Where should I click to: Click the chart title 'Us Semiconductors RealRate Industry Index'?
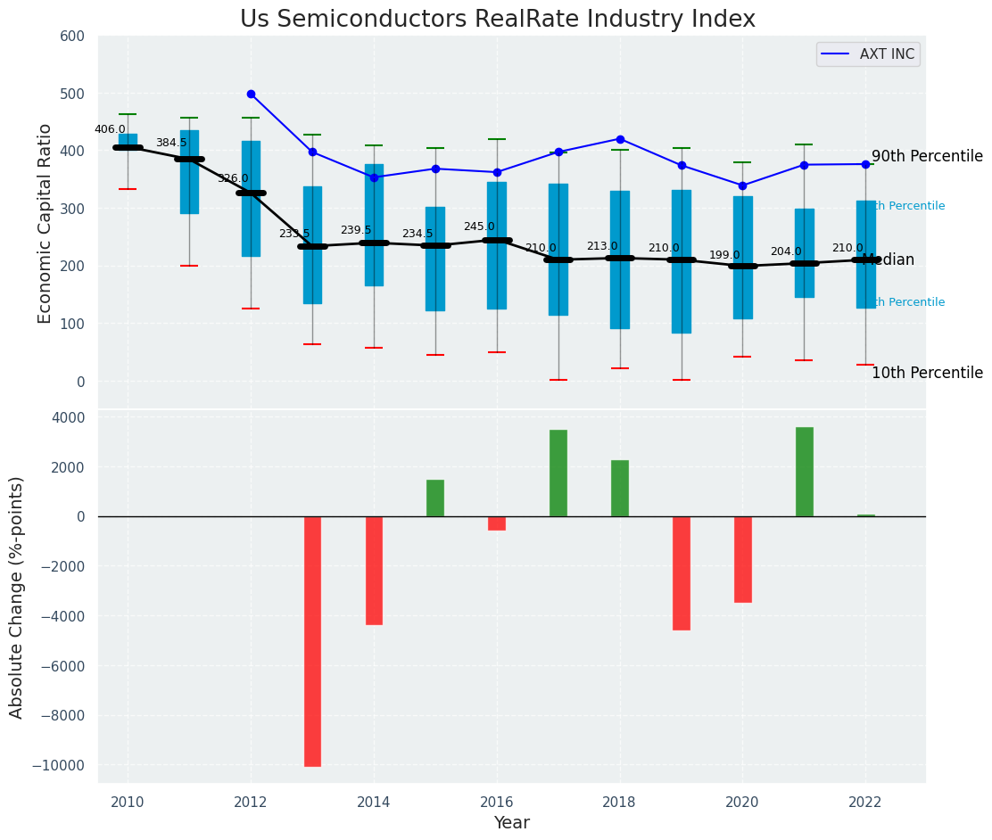[497, 20]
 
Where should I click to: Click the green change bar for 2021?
[804, 472]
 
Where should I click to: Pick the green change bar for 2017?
[558, 473]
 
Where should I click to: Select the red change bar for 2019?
[681, 572]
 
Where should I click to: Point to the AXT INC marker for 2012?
[251, 94]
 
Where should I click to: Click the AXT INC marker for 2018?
[620, 139]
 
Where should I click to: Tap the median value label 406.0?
[110, 129]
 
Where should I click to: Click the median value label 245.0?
[478, 226]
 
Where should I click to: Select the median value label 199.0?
[724, 255]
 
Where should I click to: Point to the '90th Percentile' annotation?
[926, 157]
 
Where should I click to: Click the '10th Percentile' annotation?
[926, 373]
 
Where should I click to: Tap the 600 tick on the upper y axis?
[72, 37]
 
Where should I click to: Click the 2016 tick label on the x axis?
[497, 801]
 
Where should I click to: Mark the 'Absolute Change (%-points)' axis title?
[17, 597]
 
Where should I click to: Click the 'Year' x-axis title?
[511, 823]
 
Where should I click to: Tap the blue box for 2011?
[189, 171]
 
